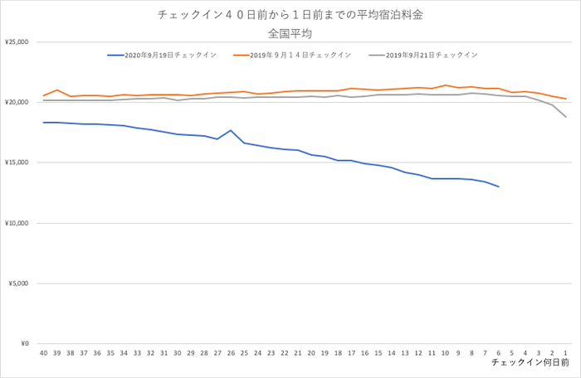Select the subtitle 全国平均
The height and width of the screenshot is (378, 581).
tap(290, 34)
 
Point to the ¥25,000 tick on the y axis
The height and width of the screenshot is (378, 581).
tap(17, 41)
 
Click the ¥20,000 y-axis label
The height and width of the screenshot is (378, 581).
tap(17, 102)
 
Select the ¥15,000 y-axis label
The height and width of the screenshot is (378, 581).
tap(17, 162)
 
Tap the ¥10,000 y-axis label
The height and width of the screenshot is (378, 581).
tap(17, 223)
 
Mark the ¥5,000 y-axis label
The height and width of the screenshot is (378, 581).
tap(19, 283)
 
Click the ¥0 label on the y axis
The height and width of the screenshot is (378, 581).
tap(24, 343)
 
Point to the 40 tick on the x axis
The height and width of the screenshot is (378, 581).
tap(44, 352)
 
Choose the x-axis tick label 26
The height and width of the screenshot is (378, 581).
tap(231, 352)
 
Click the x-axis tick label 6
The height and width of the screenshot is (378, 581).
tap(498, 352)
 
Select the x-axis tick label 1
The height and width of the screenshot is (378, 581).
tap(565, 352)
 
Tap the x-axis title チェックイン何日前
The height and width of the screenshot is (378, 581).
tap(530, 363)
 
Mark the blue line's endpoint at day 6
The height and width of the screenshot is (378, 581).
tap(498, 187)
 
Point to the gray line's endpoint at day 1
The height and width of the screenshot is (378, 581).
tap(565, 117)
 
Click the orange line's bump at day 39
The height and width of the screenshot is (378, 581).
tap(57, 90)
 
